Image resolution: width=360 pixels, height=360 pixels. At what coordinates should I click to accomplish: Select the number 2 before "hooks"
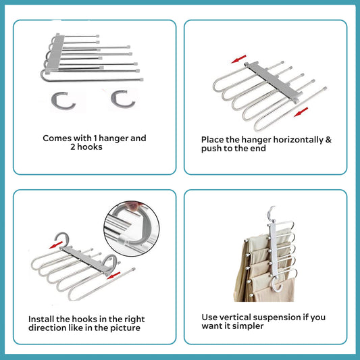click(x=73, y=147)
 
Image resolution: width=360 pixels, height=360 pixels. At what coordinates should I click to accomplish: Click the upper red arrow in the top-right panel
click(x=239, y=59)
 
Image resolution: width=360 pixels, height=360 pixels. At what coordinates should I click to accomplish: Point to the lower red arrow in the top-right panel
click(x=301, y=112)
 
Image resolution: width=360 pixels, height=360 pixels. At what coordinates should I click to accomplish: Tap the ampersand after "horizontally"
click(x=328, y=140)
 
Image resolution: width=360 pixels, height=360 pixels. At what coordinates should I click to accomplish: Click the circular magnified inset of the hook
click(x=132, y=228)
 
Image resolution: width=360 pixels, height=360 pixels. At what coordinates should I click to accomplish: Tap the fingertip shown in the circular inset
click(x=133, y=206)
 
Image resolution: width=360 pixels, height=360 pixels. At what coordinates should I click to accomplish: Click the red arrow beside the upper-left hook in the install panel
click(x=56, y=245)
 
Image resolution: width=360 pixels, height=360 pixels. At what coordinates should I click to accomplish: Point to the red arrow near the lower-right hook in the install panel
click(x=113, y=276)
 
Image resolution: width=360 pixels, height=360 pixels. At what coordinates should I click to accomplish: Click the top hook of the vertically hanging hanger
click(x=271, y=213)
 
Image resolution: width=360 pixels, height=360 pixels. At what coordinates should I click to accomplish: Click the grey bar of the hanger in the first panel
click(x=56, y=53)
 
